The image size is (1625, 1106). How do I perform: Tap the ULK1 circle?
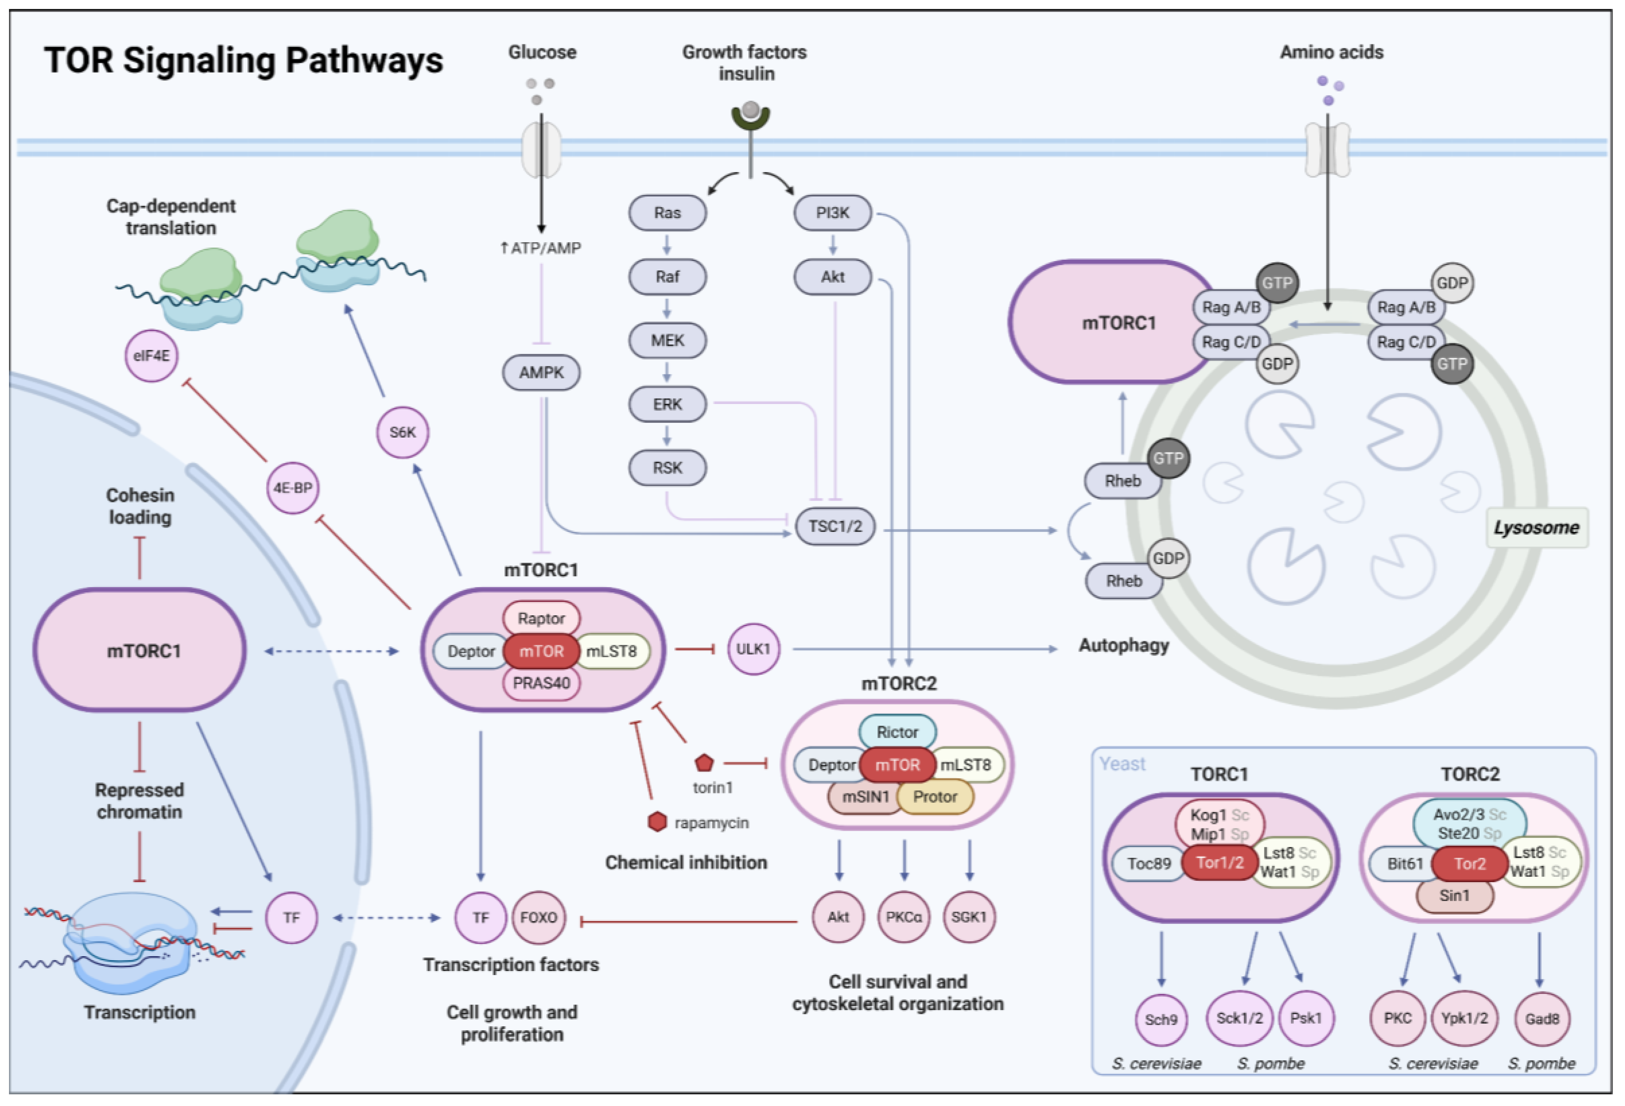coord(753,649)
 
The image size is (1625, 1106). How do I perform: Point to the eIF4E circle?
coord(151,355)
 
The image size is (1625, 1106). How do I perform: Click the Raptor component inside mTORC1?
coord(541,618)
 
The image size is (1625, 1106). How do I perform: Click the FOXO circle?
coord(538,917)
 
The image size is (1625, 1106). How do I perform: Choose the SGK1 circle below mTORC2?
coord(969,917)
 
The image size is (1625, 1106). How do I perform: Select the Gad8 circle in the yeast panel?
coord(1542,1019)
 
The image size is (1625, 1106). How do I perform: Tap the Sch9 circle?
coord(1161,1019)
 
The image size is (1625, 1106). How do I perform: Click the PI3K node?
coord(832,213)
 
